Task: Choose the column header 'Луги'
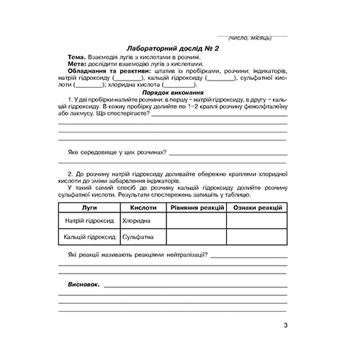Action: [x=90, y=207]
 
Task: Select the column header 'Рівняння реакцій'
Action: [x=197, y=207]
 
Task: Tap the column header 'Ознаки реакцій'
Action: [x=257, y=207]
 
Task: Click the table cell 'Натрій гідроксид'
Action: [x=90, y=221]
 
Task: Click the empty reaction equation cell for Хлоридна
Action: [x=197, y=221]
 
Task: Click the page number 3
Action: [x=284, y=330]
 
